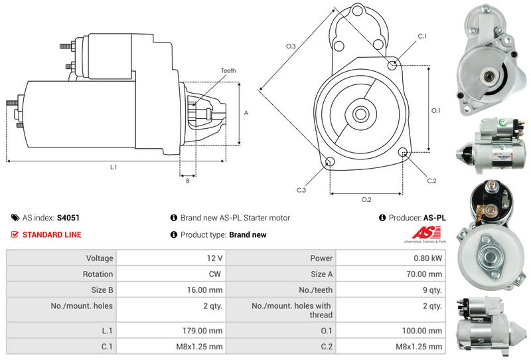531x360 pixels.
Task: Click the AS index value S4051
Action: click(68, 217)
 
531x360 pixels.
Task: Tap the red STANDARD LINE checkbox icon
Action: click(15, 234)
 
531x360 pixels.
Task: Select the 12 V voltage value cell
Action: click(214, 258)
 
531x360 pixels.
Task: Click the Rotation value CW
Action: click(215, 274)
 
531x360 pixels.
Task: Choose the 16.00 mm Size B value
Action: click(204, 290)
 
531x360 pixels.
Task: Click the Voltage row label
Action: click(100, 258)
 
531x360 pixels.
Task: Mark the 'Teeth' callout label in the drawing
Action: click(229, 71)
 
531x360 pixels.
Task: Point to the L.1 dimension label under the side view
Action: click(114, 167)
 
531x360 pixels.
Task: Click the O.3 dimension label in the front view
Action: click(291, 46)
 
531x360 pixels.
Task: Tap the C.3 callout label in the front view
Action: click(301, 191)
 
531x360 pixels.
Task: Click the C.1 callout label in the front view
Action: click(422, 36)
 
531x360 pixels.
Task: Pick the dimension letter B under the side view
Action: click(187, 180)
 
